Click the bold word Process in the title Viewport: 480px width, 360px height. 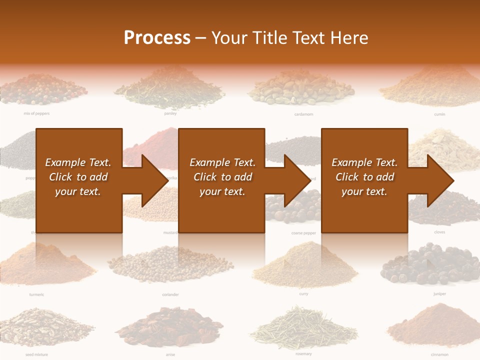[x=157, y=38]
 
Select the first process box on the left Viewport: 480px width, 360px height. [x=79, y=180]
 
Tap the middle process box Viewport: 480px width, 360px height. [x=221, y=180]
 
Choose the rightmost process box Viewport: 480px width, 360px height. [x=364, y=180]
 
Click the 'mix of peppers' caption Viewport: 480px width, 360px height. [x=36, y=113]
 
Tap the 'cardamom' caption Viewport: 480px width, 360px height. [x=303, y=114]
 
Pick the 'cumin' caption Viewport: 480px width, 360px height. [x=439, y=114]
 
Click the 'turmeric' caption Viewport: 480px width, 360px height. [x=36, y=294]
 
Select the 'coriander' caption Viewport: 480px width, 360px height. [x=170, y=294]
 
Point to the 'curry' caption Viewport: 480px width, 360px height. [x=303, y=294]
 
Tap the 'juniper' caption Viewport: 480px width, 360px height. [x=439, y=294]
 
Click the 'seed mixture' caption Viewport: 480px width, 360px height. [x=36, y=354]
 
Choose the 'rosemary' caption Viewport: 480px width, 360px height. [x=303, y=354]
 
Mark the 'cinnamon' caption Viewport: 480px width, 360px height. [x=439, y=354]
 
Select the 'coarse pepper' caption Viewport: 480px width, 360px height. [x=303, y=233]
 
